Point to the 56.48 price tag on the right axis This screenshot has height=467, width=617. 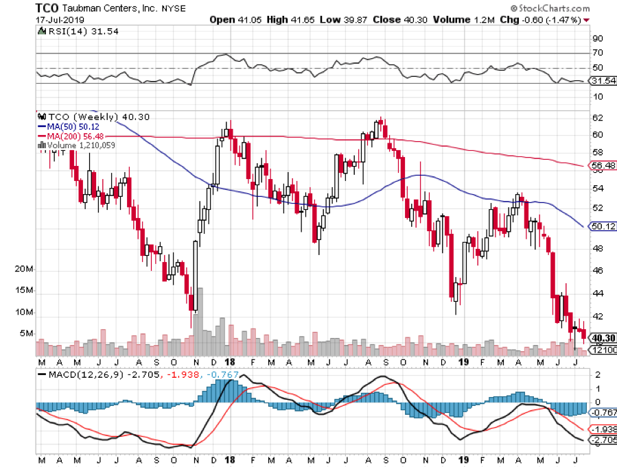603,165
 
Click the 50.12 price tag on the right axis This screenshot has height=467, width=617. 603,226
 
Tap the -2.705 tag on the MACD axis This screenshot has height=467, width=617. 603,440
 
